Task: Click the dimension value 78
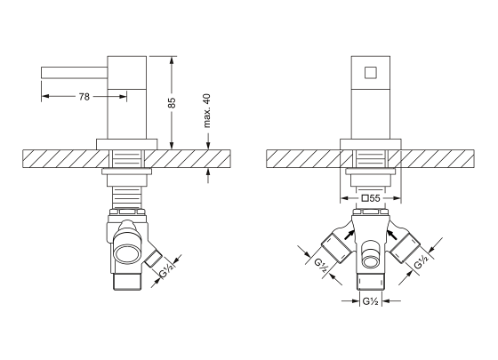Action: pos(84,97)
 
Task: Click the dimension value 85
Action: pos(172,102)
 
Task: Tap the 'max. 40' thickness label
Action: pos(207,110)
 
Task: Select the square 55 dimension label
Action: pos(371,198)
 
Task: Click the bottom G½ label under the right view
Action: pos(370,301)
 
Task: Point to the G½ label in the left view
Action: pos(166,271)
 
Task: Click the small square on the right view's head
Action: pos(371,73)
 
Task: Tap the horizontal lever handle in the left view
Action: pos(75,72)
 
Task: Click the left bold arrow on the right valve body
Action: pos(349,236)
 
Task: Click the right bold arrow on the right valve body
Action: pos(392,235)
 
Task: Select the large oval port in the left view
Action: pos(127,253)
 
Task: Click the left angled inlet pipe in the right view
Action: pos(337,246)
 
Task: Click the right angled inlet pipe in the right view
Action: pos(405,246)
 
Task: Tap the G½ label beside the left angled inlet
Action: pos(321,266)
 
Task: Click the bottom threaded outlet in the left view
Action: pos(127,281)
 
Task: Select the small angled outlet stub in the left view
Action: pos(153,258)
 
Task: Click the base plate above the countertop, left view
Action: pos(127,144)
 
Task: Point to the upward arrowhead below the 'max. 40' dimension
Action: pos(208,172)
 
